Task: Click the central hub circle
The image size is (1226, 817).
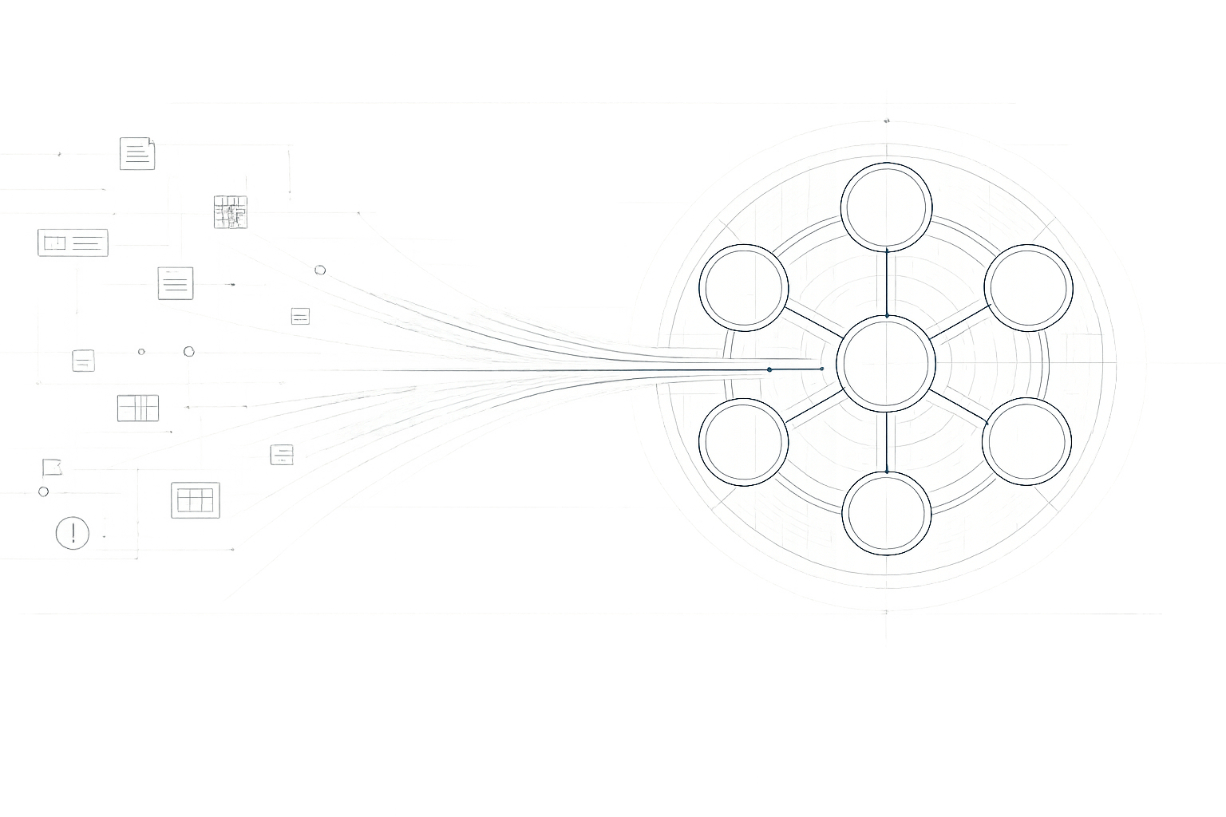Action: point(886,363)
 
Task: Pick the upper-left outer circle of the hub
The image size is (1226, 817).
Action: point(744,287)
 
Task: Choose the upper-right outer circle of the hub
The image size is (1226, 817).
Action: point(1028,287)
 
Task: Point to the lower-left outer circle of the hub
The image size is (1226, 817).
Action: point(744,441)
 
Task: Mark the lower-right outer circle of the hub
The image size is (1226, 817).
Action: point(1027,441)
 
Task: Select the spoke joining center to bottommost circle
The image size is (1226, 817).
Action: point(887,440)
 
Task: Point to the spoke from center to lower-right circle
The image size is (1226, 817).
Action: point(959,405)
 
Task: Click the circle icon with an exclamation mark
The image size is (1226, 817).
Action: point(73,532)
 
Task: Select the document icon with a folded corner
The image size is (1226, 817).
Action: point(137,153)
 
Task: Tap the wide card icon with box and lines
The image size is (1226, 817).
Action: point(73,241)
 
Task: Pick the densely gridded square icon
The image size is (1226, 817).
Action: point(231,211)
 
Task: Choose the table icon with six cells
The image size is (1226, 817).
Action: point(194,500)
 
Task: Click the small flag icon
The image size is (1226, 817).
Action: point(53,467)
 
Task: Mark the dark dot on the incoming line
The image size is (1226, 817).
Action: point(769,369)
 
